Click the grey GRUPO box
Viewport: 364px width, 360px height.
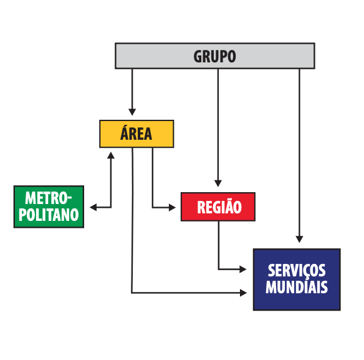(215, 56)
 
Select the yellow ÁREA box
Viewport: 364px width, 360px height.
(136, 134)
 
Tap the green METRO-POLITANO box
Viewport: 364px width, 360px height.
(49, 207)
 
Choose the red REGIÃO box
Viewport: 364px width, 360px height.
(218, 207)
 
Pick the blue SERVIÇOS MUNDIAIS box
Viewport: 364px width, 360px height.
(297, 280)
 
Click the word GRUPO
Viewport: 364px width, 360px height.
(215, 57)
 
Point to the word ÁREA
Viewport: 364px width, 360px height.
(136, 133)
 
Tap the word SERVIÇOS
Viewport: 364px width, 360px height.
(297, 271)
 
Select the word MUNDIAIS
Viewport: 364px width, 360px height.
(297, 287)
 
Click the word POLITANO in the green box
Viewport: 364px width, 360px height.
(49, 215)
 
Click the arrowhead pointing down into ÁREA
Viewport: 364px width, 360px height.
(132, 112)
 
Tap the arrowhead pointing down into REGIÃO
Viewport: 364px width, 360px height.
(218, 183)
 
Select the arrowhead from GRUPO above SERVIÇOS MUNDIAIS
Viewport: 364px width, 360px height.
(299, 240)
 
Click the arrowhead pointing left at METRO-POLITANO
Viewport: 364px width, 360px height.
(93, 207)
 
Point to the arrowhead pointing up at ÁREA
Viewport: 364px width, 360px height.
(111, 155)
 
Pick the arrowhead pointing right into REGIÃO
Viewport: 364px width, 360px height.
(172, 207)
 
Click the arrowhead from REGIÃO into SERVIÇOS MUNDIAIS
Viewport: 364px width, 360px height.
(243, 269)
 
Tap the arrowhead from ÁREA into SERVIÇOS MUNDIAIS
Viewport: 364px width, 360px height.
(243, 293)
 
